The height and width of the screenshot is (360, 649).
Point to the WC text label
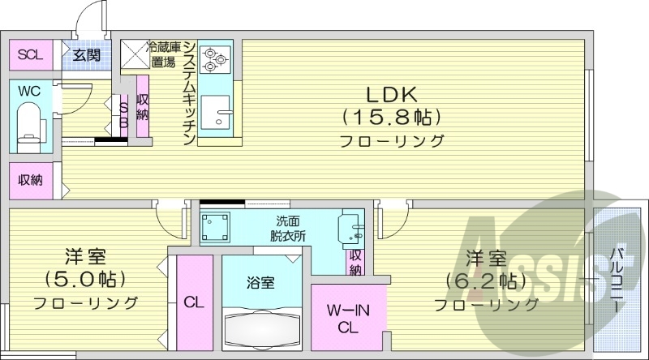click(29, 91)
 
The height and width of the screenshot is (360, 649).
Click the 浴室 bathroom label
click(260, 283)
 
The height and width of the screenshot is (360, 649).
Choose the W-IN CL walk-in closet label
click(348, 318)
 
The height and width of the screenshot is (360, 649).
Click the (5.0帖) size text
click(84, 281)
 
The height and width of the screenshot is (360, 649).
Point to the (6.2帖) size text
click(485, 281)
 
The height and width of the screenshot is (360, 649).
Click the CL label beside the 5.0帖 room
click(193, 303)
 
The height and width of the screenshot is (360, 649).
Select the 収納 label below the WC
click(30, 180)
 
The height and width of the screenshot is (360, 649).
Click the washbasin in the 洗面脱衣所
click(350, 227)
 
